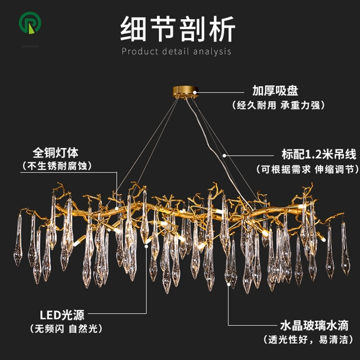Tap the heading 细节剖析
(x=177, y=30)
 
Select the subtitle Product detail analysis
(x=176, y=51)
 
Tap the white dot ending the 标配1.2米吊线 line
(x=225, y=155)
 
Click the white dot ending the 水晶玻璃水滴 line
(x=228, y=283)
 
